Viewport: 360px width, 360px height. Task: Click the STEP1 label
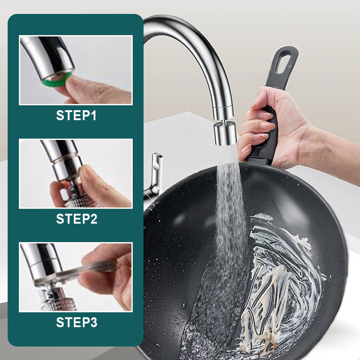pyautogui.click(x=76, y=116)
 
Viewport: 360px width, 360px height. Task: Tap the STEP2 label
pyautogui.click(x=76, y=219)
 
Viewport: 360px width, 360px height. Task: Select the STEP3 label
pyautogui.click(x=76, y=323)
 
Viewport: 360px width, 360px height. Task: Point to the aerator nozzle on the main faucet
pyautogui.click(x=224, y=134)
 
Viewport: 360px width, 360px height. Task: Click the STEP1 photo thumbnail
pyautogui.click(x=76, y=70)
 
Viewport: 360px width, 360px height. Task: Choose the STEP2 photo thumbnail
pyautogui.click(x=76, y=174)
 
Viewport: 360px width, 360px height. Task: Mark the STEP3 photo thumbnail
pyautogui.click(x=76, y=277)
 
